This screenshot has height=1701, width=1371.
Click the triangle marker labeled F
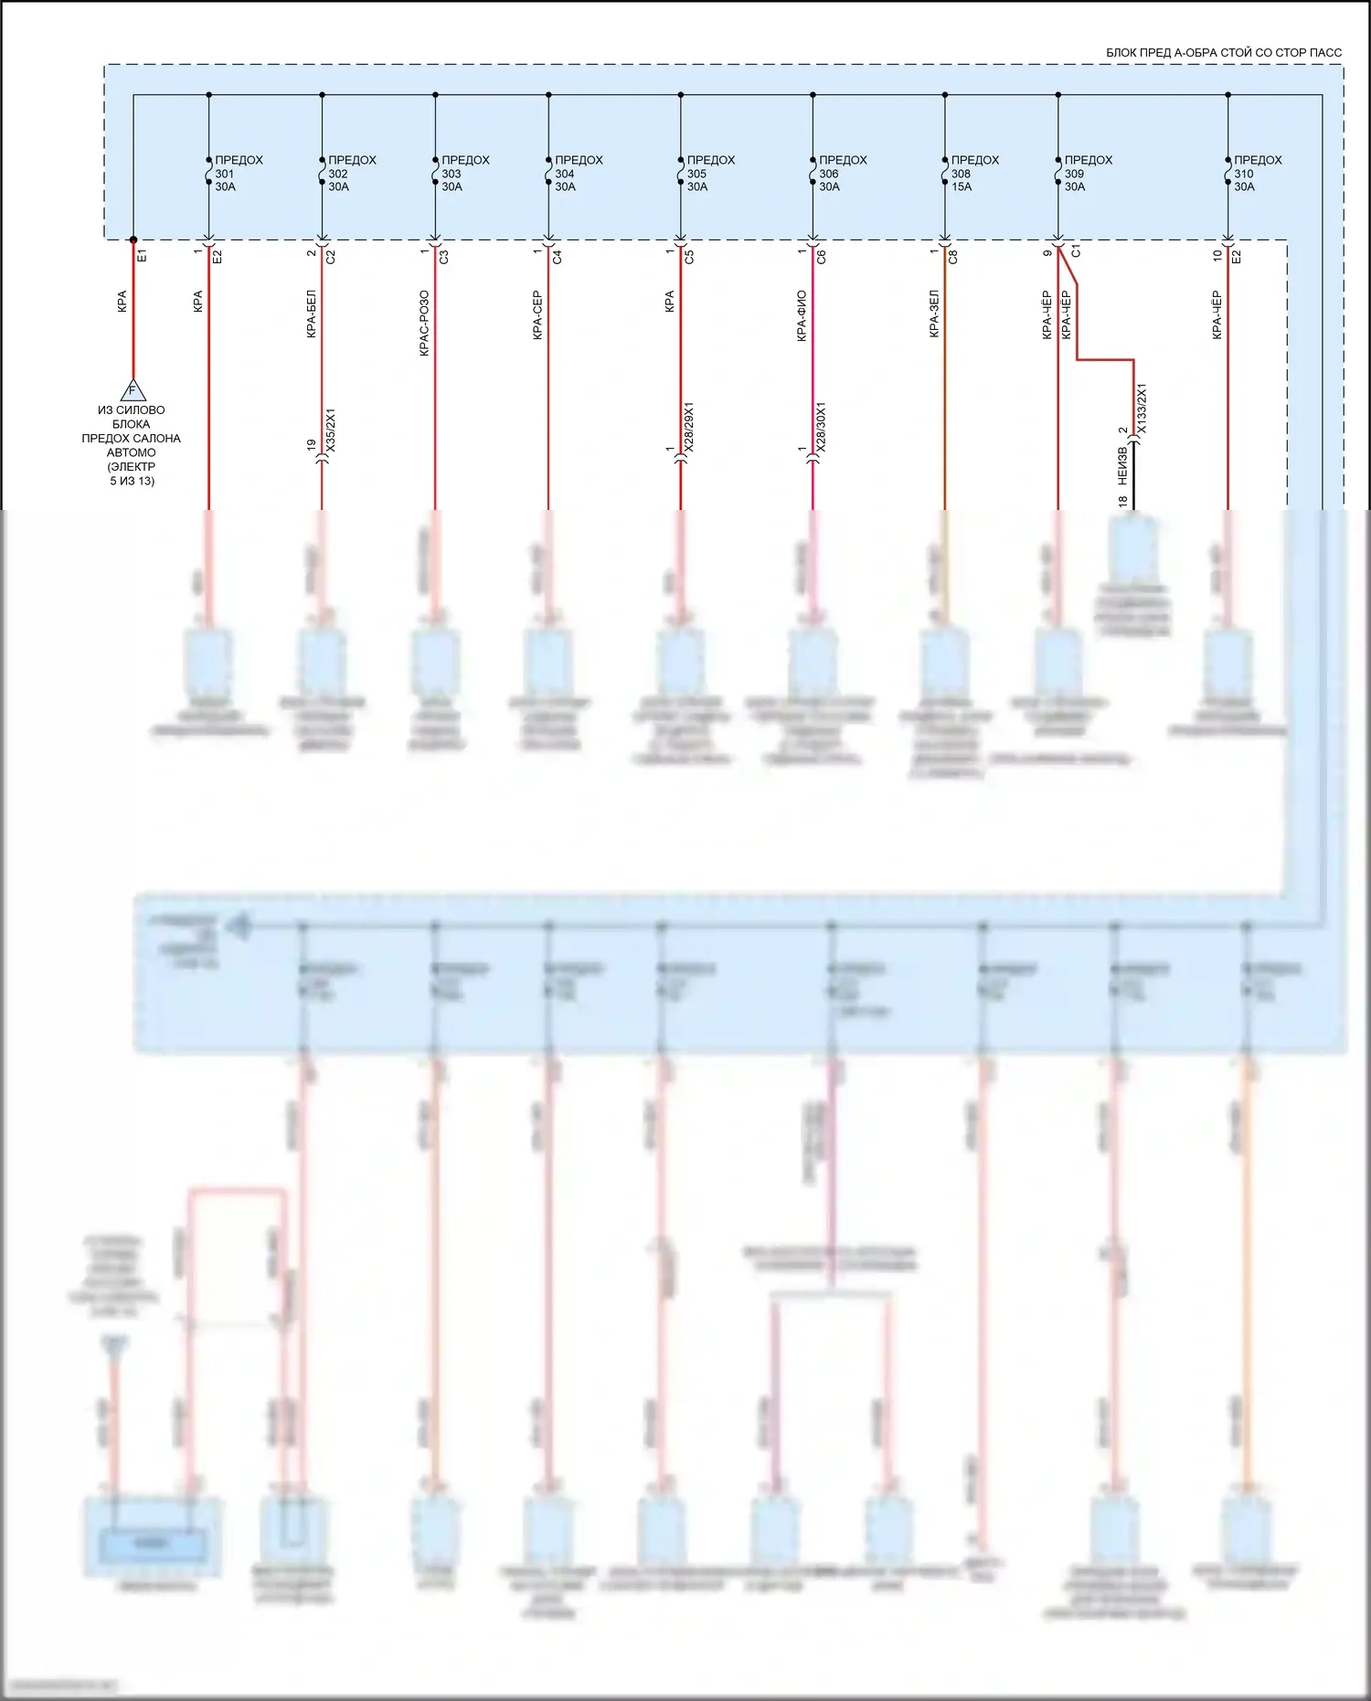pyautogui.click(x=133, y=390)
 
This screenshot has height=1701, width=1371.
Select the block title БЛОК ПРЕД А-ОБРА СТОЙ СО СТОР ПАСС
pyautogui.click(x=1223, y=53)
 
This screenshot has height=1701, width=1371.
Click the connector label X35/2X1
pyautogui.click(x=331, y=430)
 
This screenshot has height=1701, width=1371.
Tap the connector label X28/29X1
pyautogui.click(x=689, y=427)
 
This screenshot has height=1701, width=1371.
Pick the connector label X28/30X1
pyautogui.click(x=821, y=427)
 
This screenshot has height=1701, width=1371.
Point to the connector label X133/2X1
pyautogui.click(x=1141, y=409)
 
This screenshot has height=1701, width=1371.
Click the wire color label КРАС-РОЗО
pyautogui.click(x=424, y=324)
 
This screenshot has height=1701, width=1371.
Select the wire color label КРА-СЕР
pyautogui.click(x=537, y=316)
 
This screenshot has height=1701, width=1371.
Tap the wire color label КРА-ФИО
pyautogui.click(x=802, y=316)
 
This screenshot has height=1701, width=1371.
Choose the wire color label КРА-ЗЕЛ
pyautogui.click(x=934, y=314)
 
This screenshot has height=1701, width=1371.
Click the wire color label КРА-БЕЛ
pyautogui.click(x=311, y=315)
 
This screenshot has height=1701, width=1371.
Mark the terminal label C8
pyautogui.click(x=953, y=258)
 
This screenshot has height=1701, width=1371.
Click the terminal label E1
pyautogui.click(x=142, y=256)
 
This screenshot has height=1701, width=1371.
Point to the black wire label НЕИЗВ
pyautogui.click(x=1122, y=465)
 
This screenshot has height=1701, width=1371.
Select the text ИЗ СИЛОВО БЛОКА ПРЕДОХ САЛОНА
pyautogui.click(x=132, y=424)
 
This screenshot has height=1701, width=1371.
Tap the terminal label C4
pyautogui.click(x=558, y=257)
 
